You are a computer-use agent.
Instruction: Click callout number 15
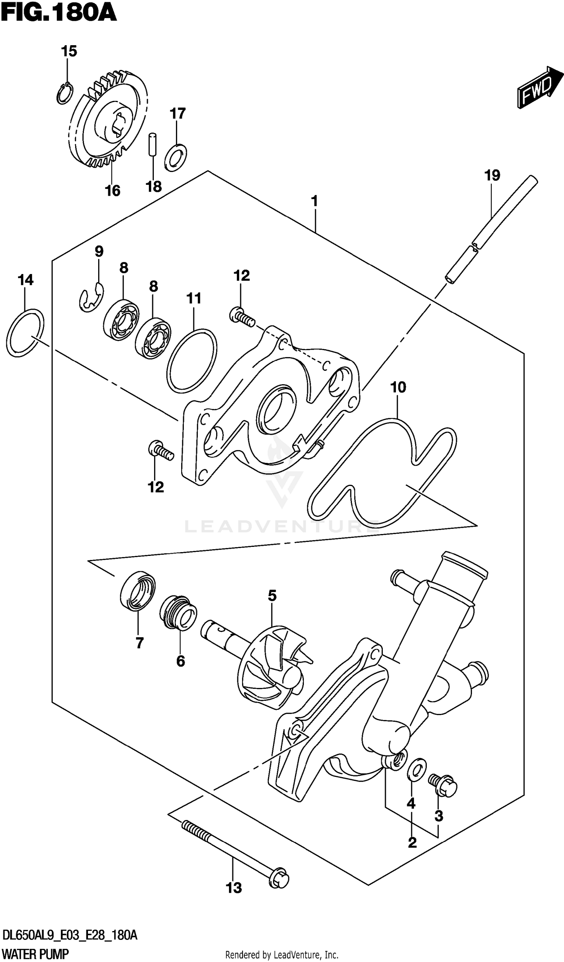(69, 51)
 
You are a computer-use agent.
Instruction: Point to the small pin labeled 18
(153, 144)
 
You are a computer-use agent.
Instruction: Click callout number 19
(492, 176)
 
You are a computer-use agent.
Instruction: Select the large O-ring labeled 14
(25, 332)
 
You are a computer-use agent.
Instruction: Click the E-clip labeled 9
(92, 297)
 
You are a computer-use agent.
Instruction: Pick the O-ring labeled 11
(192, 360)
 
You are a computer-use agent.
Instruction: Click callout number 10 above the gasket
(398, 388)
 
